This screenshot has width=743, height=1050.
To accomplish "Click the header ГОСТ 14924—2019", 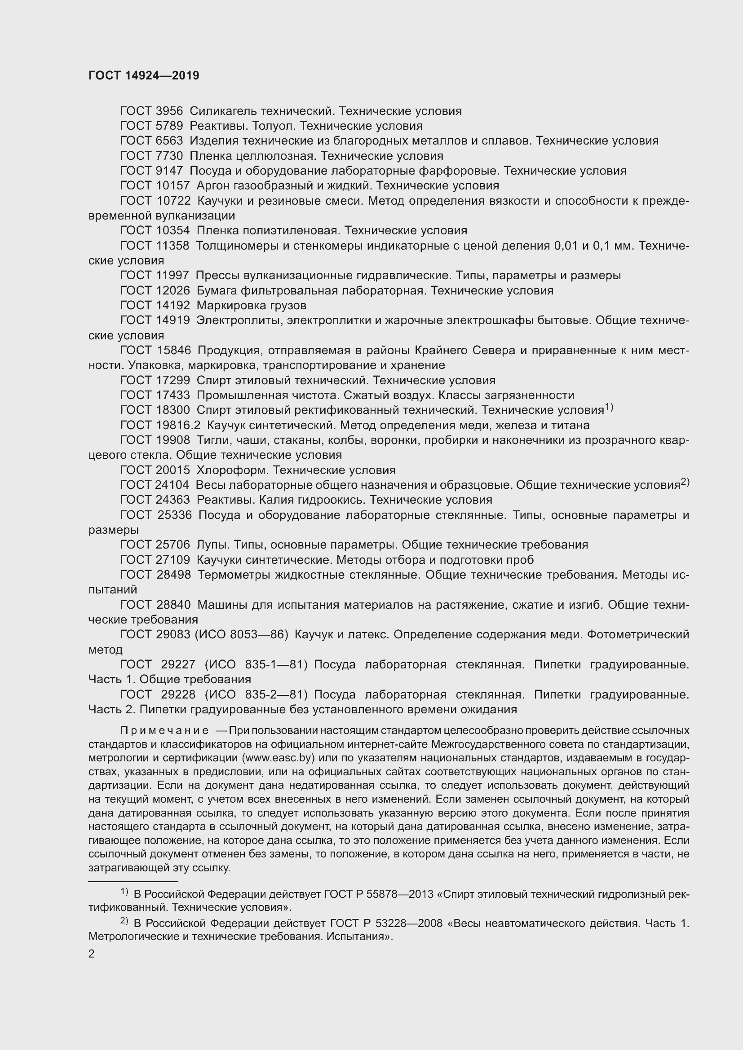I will (144, 76).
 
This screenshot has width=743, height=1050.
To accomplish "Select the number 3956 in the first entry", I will (169, 111).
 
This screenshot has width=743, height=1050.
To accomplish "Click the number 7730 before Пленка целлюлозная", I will (169, 156).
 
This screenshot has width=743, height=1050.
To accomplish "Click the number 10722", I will (173, 201).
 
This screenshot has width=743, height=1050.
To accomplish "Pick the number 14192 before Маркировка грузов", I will (172, 306).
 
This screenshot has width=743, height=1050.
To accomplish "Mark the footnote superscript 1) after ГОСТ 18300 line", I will (609, 407).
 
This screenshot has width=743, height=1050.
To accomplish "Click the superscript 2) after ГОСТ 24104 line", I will (685, 482).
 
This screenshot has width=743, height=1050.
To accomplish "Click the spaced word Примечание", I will (164, 731).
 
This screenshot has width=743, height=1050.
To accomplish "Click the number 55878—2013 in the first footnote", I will (398, 894).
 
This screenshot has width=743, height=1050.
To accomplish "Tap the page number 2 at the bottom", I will (92, 954).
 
